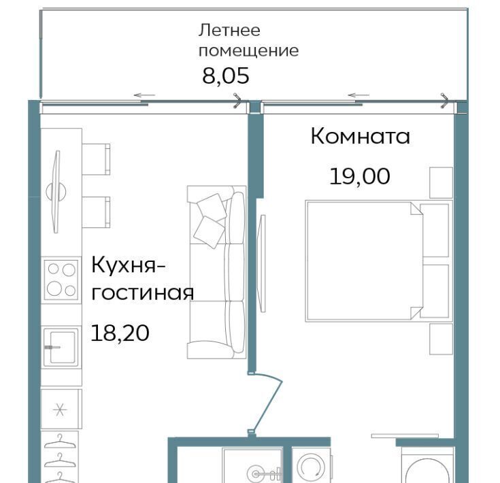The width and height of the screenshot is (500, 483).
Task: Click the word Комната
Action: coord(360,136)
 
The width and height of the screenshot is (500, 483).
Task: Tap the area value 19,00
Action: coord(359,176)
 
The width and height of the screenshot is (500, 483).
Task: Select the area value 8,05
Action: coord(226,76)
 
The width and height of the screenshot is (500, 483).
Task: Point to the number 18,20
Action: coord(120,333)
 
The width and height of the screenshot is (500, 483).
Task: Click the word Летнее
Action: coord(229,31)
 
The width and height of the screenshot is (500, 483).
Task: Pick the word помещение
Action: coord(249,51)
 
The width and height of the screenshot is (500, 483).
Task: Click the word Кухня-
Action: coord(128,265)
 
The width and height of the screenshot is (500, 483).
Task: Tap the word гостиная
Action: coord(143,293)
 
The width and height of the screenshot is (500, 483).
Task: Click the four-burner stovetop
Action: coord(61,280)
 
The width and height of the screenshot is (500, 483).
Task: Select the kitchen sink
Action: coord(61,347)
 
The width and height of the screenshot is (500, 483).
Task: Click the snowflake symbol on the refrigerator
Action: coord(60,410)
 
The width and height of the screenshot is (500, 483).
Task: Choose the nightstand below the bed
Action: coord(441,339)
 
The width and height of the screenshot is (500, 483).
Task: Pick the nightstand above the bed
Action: coord(441,183)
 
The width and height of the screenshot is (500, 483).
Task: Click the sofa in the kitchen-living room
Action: coord(216,272)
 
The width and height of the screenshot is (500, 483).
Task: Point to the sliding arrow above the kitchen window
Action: coord(144,95)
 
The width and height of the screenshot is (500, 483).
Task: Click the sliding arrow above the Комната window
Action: coord(359,95)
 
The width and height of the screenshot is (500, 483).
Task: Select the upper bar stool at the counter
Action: coord(96,159)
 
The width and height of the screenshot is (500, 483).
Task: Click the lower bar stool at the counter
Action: coord(96,212)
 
